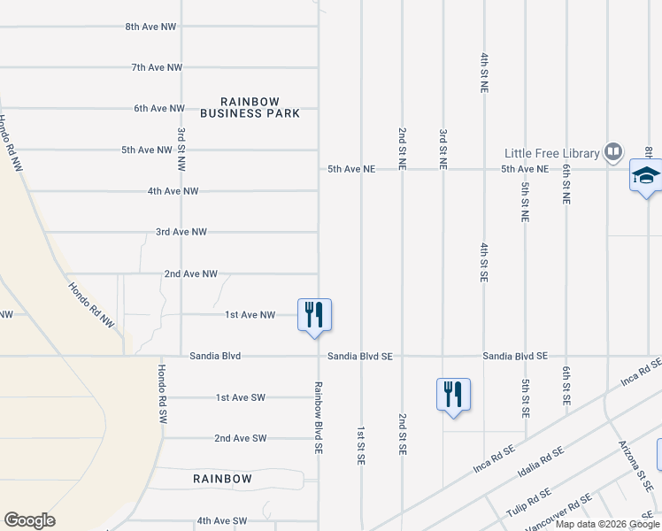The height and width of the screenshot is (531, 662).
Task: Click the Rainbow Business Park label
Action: pos(250,107)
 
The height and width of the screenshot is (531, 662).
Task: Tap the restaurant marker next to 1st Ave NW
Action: pos(314,315)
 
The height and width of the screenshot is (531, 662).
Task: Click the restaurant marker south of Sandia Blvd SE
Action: pos(453,394)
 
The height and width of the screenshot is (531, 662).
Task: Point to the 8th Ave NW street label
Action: pos(154,27)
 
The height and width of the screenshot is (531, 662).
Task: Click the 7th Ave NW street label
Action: pos(157,67)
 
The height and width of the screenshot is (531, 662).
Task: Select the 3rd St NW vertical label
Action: pos(181,148)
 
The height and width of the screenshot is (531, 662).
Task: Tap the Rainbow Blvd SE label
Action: pos(317,418)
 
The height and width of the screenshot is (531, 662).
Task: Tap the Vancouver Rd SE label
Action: pos(558,516)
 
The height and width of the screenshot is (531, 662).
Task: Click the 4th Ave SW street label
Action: pos(222,521)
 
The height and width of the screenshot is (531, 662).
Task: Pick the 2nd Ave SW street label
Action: pos(240,438)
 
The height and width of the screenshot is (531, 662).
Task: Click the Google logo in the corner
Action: pos(29,520)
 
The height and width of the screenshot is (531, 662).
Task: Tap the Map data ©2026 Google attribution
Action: pos(607,524)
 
